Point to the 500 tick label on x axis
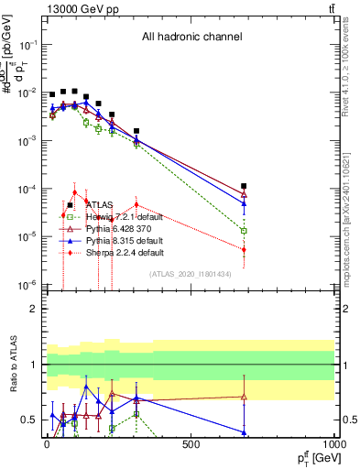(191, 444)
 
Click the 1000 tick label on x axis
(332, 444)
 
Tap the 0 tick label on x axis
(47, 444)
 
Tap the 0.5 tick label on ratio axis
(27, 420)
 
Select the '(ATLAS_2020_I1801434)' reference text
(189, 274)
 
